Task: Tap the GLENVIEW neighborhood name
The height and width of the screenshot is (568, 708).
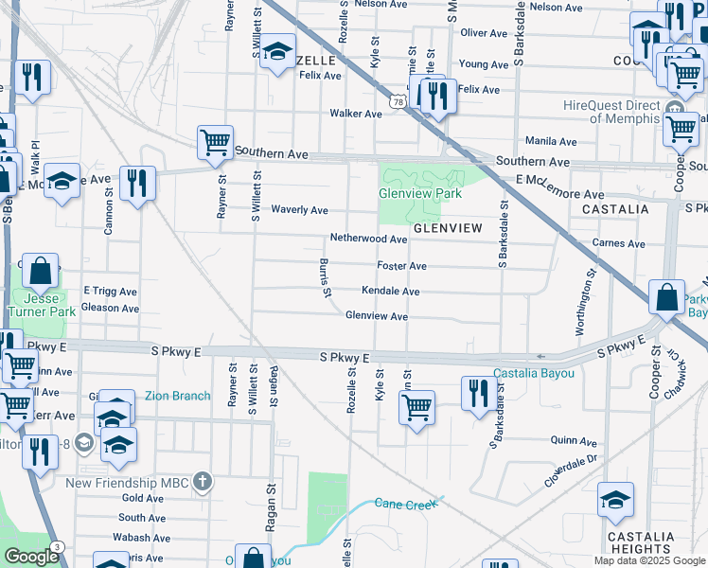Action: point(447,229)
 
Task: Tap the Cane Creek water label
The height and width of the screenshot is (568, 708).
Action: point(407,504)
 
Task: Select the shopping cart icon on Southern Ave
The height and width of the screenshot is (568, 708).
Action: point(215,142)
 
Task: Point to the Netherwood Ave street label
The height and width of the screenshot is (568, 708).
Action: point(368,239)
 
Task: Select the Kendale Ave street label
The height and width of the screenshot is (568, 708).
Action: point(384,291)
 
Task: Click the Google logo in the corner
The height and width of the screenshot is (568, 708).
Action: point(31,557)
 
